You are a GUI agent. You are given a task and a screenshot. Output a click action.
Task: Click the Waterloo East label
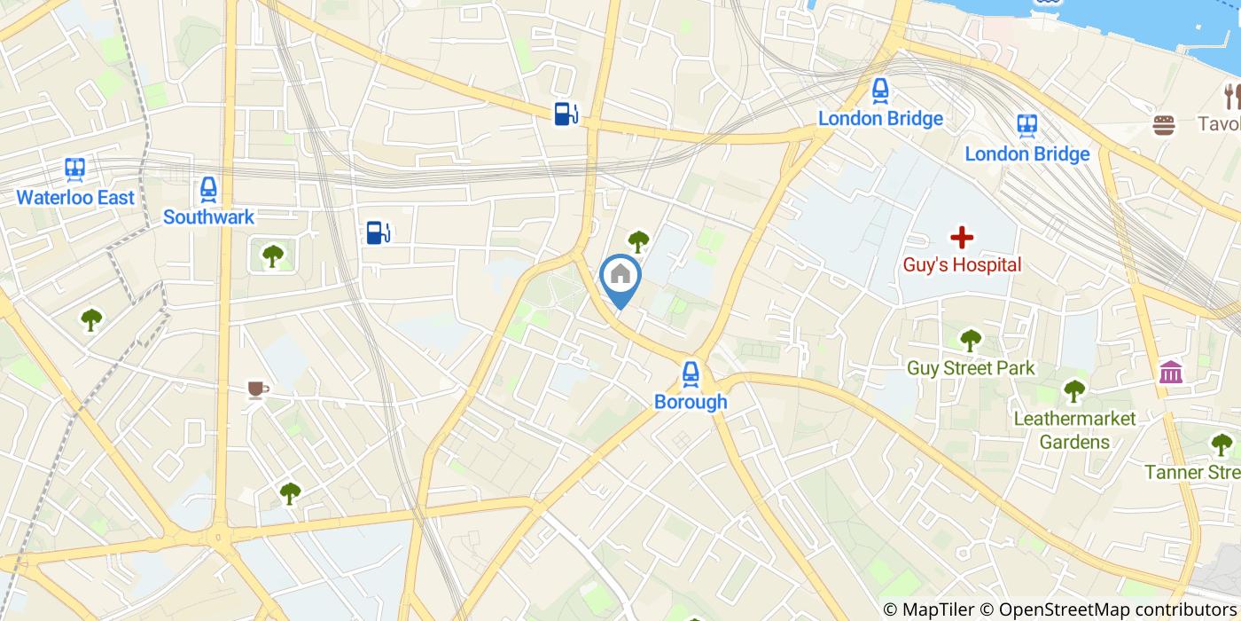[x=75, y=197]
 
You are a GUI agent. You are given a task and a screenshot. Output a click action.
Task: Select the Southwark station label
[x=208, y=216]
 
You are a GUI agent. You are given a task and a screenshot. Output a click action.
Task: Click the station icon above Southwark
[x=208, y=189]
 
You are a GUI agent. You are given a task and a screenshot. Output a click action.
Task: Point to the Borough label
[x=691, y=402]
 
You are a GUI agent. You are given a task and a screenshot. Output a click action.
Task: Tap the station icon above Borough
[x=691, y=374]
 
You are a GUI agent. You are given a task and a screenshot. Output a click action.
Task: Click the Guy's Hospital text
[x=962, y=264]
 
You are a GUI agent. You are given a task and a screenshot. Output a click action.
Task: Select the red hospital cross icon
[x=962, y=237]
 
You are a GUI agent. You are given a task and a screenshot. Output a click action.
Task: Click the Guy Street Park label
[x=971, y=368]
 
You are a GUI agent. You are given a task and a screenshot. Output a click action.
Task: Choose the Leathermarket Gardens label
[x=1074, y=430]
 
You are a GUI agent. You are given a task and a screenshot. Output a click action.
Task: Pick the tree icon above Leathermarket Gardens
[x=1074, y=390]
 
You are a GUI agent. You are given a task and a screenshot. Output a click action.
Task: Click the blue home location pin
[x=620, y=277]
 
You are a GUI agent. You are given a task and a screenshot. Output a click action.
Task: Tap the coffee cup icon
[x=257, y=389]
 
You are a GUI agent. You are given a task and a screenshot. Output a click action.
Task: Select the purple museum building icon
[x=1170, y=373]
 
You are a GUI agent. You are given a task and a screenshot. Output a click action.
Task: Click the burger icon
[x=1164, y=125]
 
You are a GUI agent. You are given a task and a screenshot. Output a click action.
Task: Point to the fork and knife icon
[x=1230, y=96]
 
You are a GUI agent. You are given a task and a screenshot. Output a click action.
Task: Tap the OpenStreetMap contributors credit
[x=1108, y=609]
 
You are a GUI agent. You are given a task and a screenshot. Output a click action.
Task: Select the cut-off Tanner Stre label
[x=1192, y=472]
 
